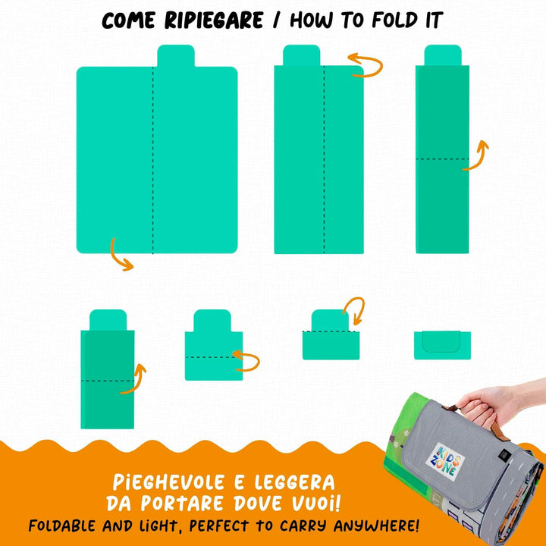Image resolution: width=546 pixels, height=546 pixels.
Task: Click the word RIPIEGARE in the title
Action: tap(213, 20)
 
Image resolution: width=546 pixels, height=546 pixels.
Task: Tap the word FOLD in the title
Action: tap(394, 20)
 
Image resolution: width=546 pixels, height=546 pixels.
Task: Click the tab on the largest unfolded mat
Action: tap(176, 55)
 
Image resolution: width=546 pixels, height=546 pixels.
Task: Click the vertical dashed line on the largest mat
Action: tap(153, 160)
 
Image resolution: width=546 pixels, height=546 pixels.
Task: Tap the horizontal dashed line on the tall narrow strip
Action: tap(442, 159)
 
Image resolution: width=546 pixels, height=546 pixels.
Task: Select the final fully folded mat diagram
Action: tap(442, 345)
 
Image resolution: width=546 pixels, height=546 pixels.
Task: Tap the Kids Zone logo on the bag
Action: tap(445, 461)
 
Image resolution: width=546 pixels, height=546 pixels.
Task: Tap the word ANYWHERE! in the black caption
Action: tap(376, 526)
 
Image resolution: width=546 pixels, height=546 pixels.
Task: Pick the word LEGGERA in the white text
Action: tap(294, 482)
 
